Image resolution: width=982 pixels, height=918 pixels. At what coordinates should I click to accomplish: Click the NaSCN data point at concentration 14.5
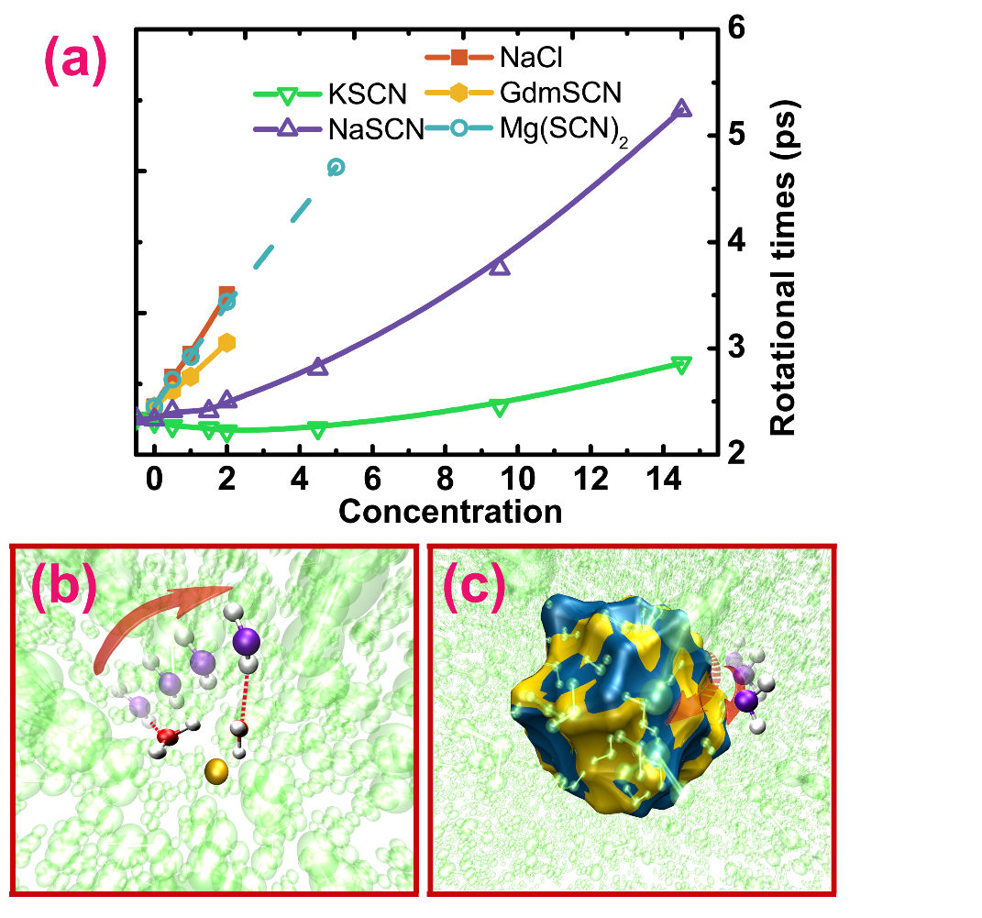(x=681, y=109)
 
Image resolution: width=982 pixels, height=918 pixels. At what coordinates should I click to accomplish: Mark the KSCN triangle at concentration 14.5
(x=680, y=364)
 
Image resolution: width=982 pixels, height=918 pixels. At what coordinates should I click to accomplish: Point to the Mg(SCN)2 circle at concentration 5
(x=336, y=167)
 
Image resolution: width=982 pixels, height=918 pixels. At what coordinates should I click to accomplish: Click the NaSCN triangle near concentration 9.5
(x=499, y=267)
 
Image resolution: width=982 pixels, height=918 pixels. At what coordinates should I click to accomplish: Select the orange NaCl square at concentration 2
(x=226, y=293)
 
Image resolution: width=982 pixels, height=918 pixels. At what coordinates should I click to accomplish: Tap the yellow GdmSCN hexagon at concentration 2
(x=226, y=342)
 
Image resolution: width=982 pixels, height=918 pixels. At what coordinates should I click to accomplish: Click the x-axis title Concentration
(x=450, y=510)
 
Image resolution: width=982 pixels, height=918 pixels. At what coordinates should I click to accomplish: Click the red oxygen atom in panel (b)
(x=167, y=737)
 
